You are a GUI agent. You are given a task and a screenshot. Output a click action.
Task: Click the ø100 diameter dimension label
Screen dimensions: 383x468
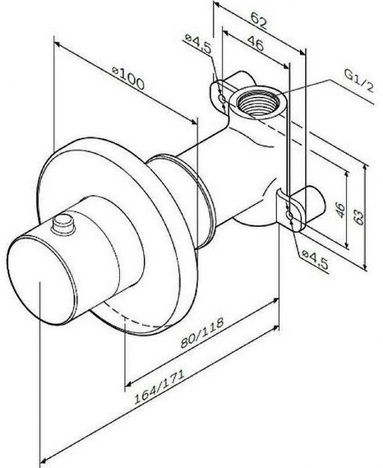128,78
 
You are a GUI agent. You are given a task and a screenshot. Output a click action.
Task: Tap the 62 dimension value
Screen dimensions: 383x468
258,21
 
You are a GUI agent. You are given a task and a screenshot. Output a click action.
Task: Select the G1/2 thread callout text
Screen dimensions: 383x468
359,81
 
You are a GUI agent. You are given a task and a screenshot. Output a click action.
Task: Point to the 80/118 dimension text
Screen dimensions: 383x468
202,332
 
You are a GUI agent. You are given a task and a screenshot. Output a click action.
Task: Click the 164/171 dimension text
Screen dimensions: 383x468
159,387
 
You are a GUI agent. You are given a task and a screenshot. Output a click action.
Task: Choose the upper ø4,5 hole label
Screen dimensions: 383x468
198,44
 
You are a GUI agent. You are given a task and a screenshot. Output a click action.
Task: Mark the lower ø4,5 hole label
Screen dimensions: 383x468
315,260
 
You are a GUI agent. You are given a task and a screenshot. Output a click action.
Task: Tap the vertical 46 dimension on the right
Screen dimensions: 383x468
340,210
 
